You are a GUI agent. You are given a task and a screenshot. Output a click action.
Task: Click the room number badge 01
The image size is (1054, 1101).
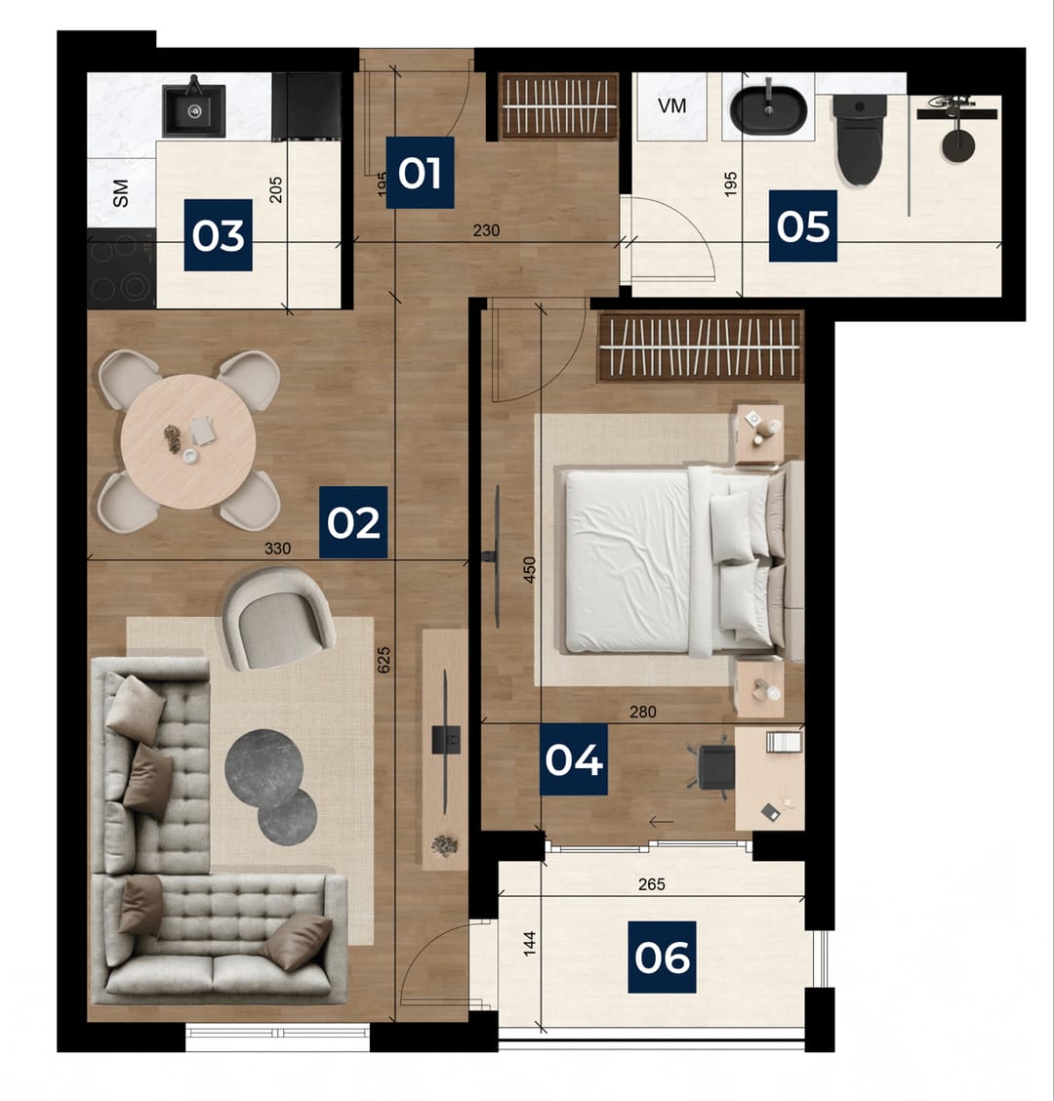(x=420, y=173)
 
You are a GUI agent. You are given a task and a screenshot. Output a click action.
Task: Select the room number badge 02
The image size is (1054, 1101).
(x=353, y=522)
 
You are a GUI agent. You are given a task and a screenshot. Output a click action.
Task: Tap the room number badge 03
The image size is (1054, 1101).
(x=219, y=235)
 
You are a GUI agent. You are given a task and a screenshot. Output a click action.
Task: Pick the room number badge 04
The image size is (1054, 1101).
(x=574, y=759)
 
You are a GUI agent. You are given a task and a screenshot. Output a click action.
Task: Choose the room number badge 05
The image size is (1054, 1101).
(x=803, y=226)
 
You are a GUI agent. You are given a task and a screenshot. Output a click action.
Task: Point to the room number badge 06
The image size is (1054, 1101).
(x=663, y=958)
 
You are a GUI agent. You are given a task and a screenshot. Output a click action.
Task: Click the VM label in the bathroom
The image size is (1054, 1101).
(x=672, y=106)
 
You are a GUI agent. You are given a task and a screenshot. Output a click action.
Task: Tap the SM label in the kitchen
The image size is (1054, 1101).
(x=121, y=193)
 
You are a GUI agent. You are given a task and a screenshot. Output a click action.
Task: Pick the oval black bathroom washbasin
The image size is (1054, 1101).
(x=769, y=110)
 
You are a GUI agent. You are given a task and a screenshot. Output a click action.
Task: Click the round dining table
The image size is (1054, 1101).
(x=188, y=441)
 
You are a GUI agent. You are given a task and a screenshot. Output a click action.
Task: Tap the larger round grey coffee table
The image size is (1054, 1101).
(x=264, y=768)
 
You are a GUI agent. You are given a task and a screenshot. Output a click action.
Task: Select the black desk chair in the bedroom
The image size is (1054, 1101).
(x=714, y=767)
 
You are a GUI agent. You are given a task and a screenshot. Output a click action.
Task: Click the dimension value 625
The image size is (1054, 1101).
(x=384, y=660)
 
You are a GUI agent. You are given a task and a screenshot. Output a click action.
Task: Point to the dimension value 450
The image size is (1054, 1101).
(x=530, y=569)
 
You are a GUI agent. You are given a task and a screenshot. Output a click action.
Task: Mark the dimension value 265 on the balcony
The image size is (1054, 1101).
(x=652, y=884)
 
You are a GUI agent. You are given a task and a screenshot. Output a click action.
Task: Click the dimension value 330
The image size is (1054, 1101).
(x=277, y=549)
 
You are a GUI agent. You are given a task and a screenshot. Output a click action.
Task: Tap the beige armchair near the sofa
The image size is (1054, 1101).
(x=278, y=618)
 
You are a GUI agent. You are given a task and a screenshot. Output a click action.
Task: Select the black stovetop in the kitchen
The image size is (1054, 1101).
(x=121, y=268)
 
